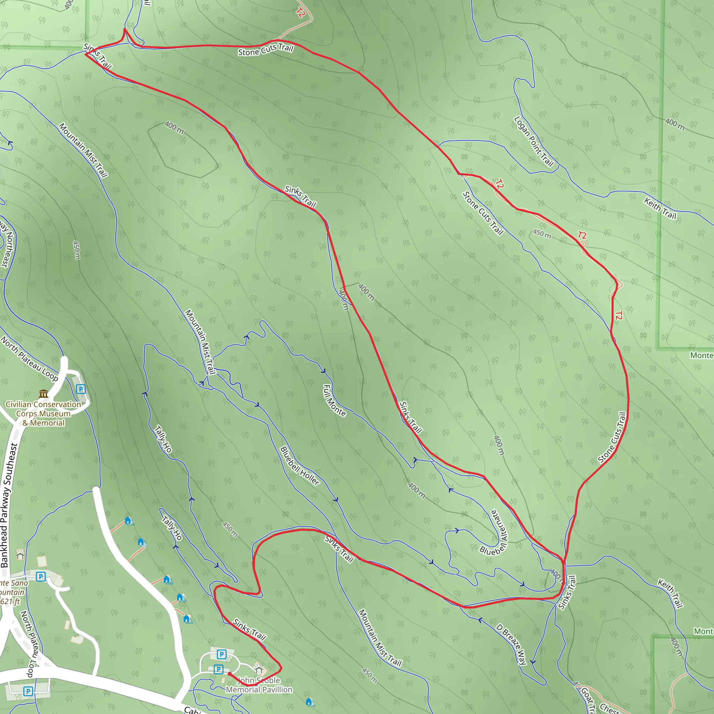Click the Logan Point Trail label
(534, 142)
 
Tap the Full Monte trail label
(334, 401)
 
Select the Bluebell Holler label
(300, 466)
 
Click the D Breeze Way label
(511, 645)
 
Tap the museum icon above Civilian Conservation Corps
(44, 394)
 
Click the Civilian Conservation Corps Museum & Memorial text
(44, 413)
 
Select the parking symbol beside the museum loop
(81, 389)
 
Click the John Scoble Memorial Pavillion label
(259, 685)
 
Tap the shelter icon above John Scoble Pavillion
(259, 669)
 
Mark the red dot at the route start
(229, 674)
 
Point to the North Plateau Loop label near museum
(30, 359)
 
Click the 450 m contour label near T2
(542, 234)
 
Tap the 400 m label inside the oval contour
(174, 128)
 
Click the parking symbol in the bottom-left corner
(28, 691)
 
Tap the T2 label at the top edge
(301, 13)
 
